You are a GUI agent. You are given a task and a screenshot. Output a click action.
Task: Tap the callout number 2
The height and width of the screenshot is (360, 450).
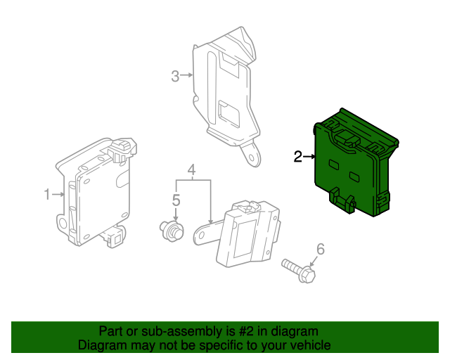pyautogui.click(x=298, y=157)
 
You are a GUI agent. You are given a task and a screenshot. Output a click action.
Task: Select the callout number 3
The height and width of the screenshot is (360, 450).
pyautogui.click(x=176, y=76)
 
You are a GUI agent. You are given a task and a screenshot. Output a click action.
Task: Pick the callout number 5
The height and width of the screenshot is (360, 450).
pyautogui.click(x=176, y=200)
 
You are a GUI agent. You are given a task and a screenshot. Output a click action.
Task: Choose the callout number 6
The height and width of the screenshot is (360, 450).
pyautogui.click(x=321, y=248)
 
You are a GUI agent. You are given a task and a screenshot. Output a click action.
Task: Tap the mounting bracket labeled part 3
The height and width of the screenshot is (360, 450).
pyautogui.click(x=225, y=91)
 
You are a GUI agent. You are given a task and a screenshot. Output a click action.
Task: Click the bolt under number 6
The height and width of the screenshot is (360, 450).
pyautogui.click(x=299, y=271)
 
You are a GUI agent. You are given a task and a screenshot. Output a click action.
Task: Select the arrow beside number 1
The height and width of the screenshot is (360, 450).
pyautogui.click(x=60, y=194)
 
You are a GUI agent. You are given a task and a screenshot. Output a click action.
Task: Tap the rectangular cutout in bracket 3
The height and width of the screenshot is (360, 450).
pyautogui.click(x=230, y=113)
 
